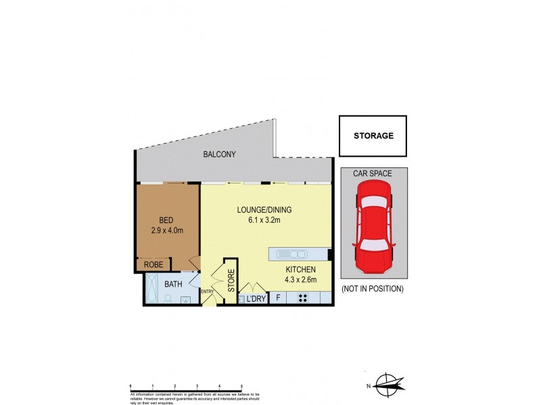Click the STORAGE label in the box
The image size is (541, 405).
pyautogui.click(x=373, y=136)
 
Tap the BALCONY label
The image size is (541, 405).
pyautogui.click(x=220, y=155)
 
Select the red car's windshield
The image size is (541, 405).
pyautogui.click(x=373, y=211)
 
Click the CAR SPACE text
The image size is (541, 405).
pyautogui.click(x=373, y=173)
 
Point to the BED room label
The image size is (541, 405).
pyautogui.click(x=166, y=220)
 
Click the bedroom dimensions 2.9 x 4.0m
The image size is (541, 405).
pyautogui.click(x=166, y=231)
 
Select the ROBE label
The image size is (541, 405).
pyautogui.click(x=154, y=265)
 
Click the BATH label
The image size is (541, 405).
pyautogui.click(x=174, y=284)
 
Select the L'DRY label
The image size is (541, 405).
pyautogui.click(x=256, y=298)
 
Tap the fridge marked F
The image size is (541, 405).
pyautogui.click(x=277, y=298)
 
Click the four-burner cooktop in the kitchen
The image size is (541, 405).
pyautogui.click(x=303, y=298)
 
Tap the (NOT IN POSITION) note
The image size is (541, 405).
pyautogui.click(x=373, y=289)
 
